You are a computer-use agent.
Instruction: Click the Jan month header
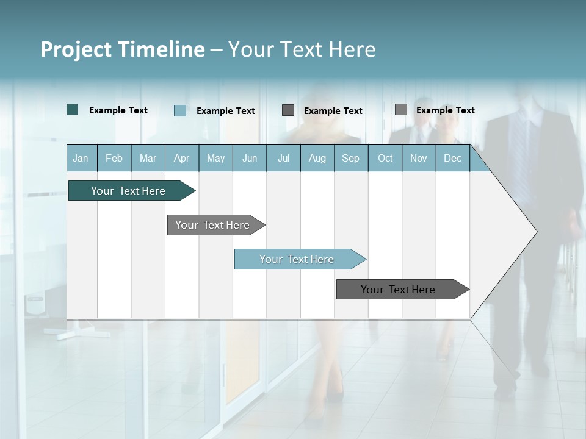coord(81,158)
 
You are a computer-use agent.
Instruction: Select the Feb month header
coord(114,158)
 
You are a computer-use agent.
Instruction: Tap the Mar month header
coord(148,158)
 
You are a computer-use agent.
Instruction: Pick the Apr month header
coord(181,158)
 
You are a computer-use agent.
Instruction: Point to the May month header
coord(215,158)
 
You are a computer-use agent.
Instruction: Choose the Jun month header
coord(250,158)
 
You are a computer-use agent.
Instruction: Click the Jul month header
coord(283,158)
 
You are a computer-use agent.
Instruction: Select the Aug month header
coord(317,158)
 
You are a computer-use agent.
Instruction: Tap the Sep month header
coord(351,158)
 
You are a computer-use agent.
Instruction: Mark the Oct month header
coord(385,158)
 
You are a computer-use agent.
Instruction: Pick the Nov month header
coord(419,158)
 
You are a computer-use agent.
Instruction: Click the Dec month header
coord(453,158)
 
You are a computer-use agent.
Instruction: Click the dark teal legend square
coord(73,110)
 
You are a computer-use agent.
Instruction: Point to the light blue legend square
coord(180,110)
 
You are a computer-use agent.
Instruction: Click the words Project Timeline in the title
coord(123,49)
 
